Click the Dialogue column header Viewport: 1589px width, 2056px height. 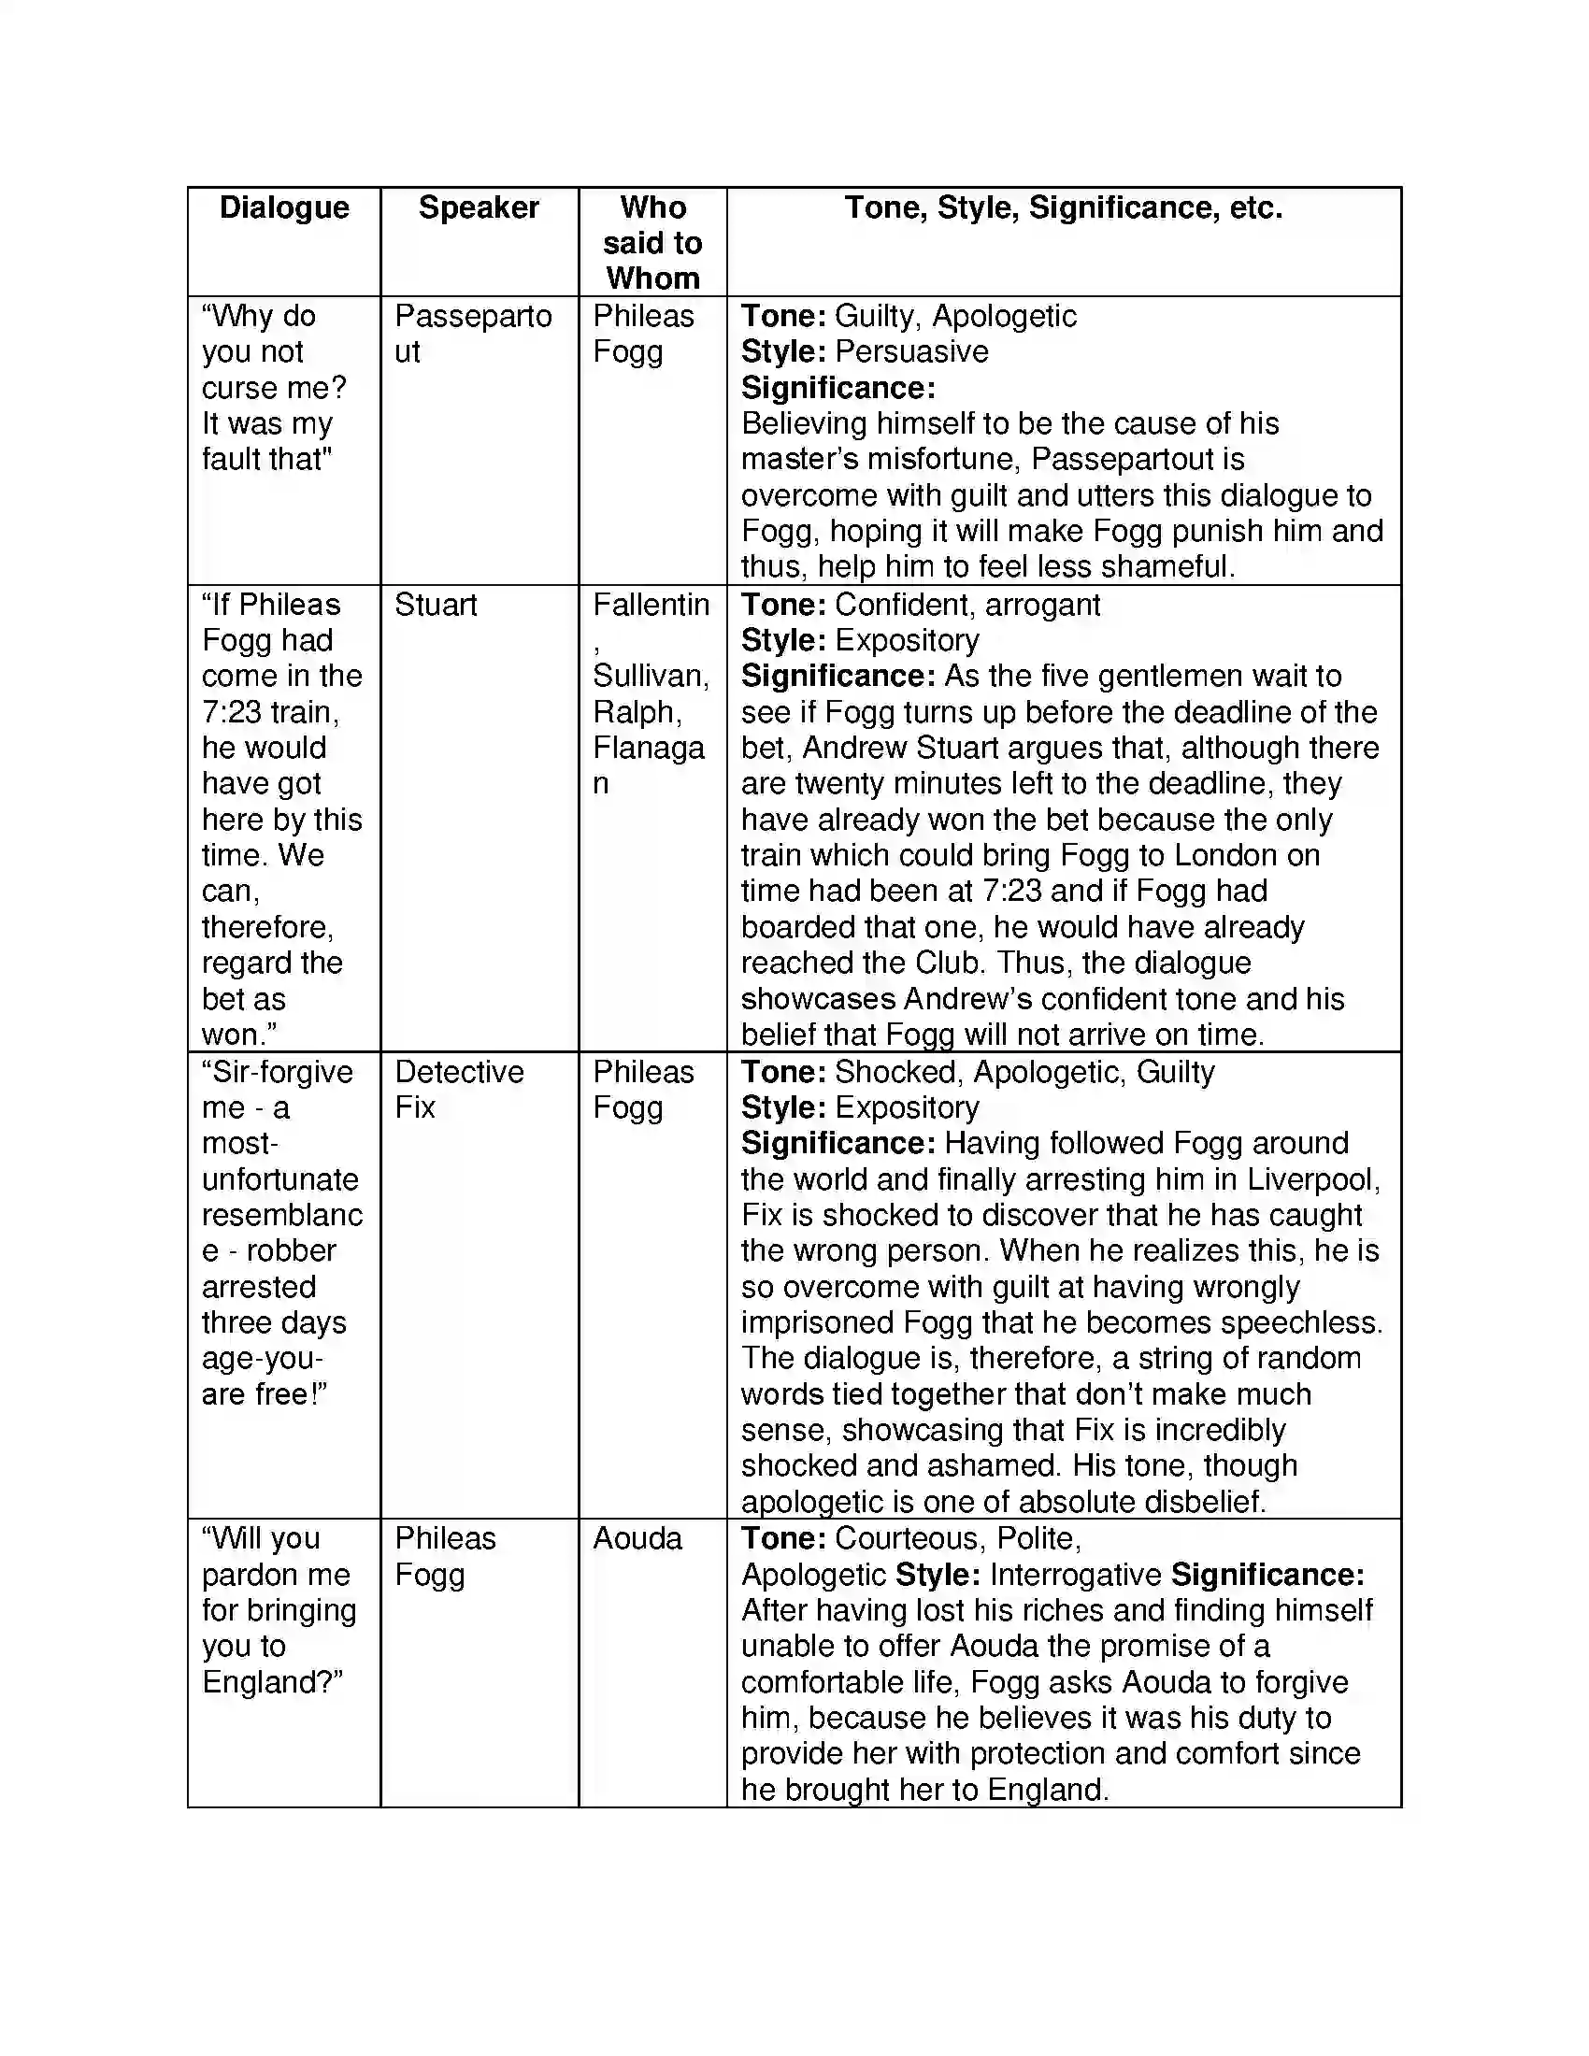(283, 207)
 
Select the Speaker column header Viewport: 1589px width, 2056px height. (479, 207)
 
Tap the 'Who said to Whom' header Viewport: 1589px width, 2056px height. (652, 243)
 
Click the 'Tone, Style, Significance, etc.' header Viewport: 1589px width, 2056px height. (1063, 207)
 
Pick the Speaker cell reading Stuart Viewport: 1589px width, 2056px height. (435, 605)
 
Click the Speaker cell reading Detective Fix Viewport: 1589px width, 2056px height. (458, 1089)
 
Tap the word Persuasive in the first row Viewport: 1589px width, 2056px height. (911, 351)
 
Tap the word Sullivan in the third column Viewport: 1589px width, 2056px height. (651, 676)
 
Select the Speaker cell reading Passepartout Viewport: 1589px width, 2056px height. (472, 334)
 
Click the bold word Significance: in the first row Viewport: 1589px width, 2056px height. (837, 388)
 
